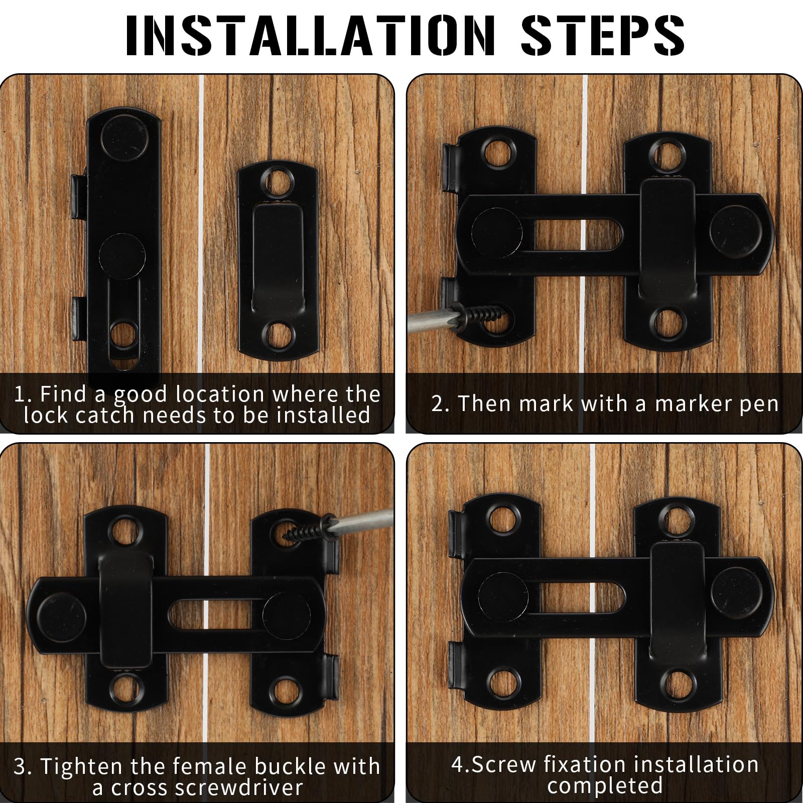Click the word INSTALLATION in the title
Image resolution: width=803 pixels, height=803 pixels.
(x=310, y=35)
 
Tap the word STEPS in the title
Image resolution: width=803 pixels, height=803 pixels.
(x=603, y=35)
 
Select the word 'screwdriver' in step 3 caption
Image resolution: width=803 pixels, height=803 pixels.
(x=207, y=787)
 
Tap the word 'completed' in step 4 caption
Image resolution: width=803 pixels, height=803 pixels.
(x=605, y=785)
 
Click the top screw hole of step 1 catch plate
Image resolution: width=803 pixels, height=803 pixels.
(x=278, y=182)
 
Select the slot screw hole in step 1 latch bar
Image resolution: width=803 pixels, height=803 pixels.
(x=123, y=335)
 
